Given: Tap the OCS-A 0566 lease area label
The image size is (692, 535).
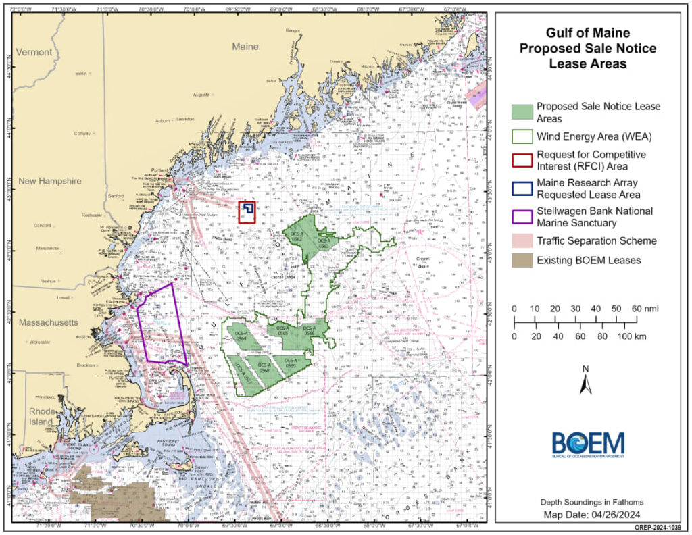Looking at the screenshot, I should tap(310, 331).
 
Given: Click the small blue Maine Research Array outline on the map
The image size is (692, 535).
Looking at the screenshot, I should tap(249, 208).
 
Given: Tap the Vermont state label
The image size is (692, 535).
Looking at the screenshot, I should tap(34, 52).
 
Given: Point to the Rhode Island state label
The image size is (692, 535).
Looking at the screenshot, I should tap(40, 416).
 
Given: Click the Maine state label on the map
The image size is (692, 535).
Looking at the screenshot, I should tap(245, 47).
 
